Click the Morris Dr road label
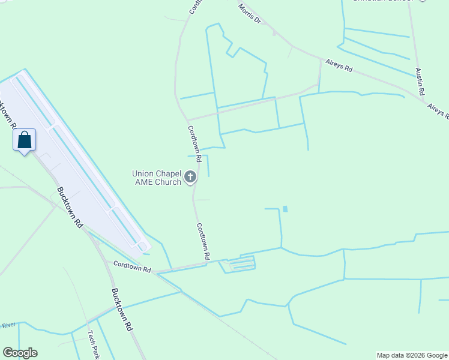point(250,14)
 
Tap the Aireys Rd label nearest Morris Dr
point(339,65)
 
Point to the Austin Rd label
point(419,81)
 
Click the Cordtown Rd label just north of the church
point(193,139)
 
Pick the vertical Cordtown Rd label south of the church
point(203,241)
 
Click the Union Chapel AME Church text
point(157,178)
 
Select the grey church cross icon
point(190,176)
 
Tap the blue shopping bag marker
point(24,140)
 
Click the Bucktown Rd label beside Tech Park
point(121,310)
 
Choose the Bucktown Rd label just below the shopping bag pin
point(70,206)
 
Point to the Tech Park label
point(93,346)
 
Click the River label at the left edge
point(7,325)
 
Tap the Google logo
point(20,353)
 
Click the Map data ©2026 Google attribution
point(412,355)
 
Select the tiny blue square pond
point(285,209)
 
